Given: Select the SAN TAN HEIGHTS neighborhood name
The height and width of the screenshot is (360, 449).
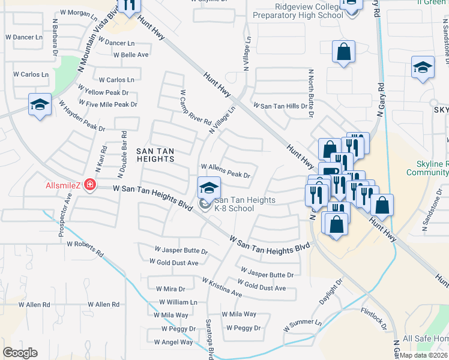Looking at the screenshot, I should pyautogui.click(x=155, y=154).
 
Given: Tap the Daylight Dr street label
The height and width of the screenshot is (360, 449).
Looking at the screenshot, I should pyautogui.click(x=331, y=290).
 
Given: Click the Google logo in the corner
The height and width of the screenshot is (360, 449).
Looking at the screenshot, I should pyautogui.click(x=20, y=353).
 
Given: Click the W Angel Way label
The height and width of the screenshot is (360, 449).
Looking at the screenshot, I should pyautogui.click(x=173, y=343).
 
